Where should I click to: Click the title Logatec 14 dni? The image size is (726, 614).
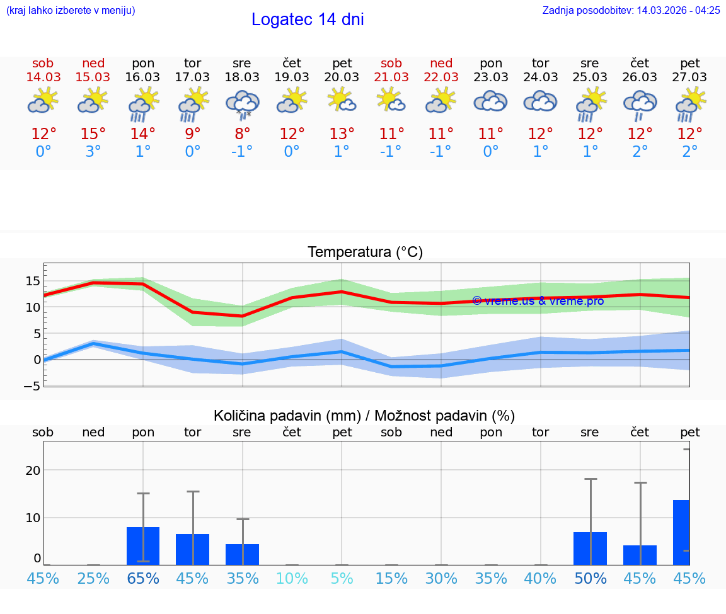pyautogui.click(x=308, y=20)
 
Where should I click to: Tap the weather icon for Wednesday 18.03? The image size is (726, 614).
pyautogui.click(x=243, y=104)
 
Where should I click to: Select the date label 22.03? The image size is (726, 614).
pyautogui.click(x=441, y=77)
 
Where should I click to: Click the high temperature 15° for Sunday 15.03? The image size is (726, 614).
pyautogui.click(x=93, y=134)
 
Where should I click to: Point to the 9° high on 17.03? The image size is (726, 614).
pyautogui.click(x=193, y=134)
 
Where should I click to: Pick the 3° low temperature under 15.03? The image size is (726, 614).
pyautogui.click(x=93, y=152)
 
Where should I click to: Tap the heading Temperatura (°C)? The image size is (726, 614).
pyautogui.click(x=365, y=253)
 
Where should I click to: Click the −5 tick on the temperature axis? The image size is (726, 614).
pyautogui.click(x=32, y=386)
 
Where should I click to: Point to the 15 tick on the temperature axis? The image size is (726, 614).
pyautogui.click(x=33, y=281)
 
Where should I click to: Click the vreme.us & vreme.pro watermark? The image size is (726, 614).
pyautogui.click(x=538, y=301)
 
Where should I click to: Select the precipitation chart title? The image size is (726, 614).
pyautogui.click(x=364, y=416)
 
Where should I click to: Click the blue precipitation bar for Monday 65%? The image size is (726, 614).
pyautogui.click(x=143, y=546)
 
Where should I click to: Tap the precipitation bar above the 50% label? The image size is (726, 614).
pyautogui.click(x=590, y=549)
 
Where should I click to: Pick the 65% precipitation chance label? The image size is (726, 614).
pyautogui.click(x=143, y=578)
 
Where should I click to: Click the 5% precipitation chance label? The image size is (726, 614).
pyautogui.click(x=342, y=578)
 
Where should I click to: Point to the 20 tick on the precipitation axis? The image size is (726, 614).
pyautogui.click(x=33, y=470)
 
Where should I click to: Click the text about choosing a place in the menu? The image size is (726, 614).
pyautogui.click(x=71, y=10)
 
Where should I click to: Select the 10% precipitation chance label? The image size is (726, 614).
pyautogui.click(x=292, y=578)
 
